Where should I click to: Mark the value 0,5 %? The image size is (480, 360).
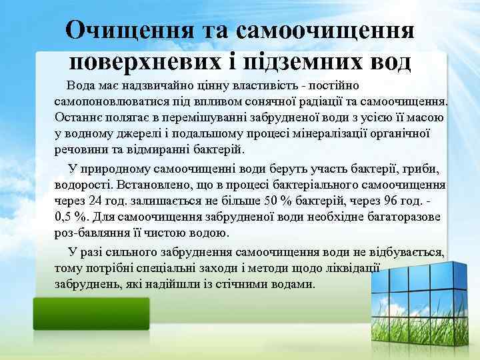tap(71, 217)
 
